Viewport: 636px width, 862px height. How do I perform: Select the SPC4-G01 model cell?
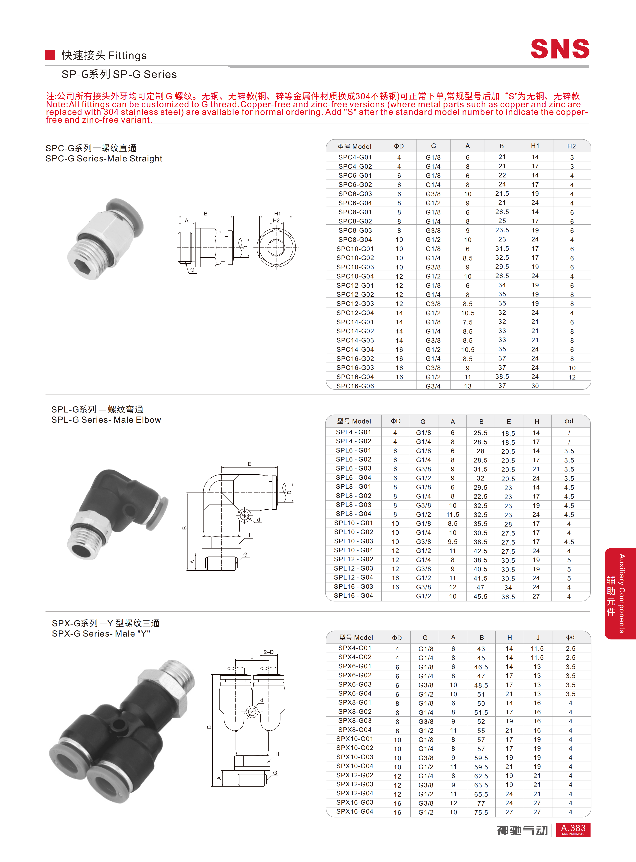point(355,157)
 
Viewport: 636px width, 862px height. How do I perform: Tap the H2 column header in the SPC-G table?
point(571,146)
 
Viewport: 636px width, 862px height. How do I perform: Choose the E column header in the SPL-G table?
point(509,421)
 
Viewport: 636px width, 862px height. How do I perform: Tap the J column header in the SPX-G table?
point(538,638)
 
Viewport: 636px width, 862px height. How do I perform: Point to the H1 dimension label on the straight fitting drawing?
point(277,213)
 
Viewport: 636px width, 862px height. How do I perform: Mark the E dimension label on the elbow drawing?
point(249,464)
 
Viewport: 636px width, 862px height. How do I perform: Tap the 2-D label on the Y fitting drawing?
point(268,652)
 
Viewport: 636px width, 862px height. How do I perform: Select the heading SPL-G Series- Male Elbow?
point(106,420)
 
